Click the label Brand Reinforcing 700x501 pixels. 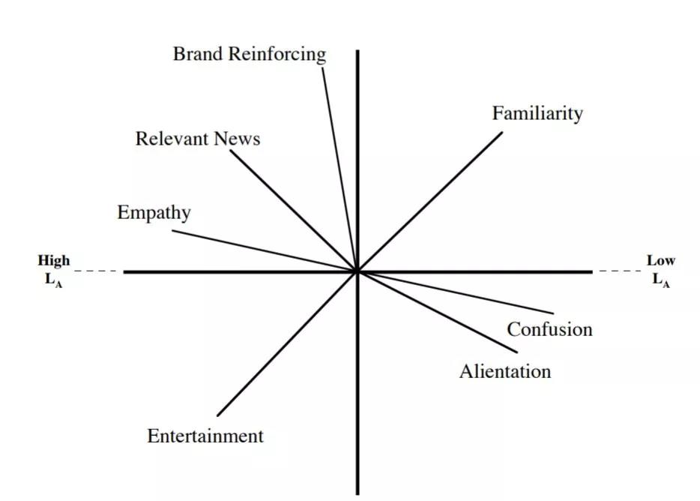[x=250, y=54]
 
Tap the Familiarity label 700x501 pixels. [x=537, y=113]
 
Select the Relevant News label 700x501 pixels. [x=198, y=139]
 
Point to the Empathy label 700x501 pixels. [x=154, y=213]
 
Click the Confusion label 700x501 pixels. [x=549, y=329]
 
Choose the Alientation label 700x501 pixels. [x=504, y=371]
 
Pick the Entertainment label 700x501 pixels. [x=205, y=436]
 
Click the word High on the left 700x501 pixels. [x=54, y=261]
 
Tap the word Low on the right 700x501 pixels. [x=661, y=261]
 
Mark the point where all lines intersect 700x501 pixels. [x=357, y=271]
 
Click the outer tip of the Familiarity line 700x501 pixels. [x=503, y=133]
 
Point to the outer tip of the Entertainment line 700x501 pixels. [x=217, y=415]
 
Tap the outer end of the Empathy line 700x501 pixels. [x=172, y=229]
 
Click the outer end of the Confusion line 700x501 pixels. [x=554, y=313]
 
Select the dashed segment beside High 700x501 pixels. [x=96, y=271]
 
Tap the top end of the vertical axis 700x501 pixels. [x=357, y=51]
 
